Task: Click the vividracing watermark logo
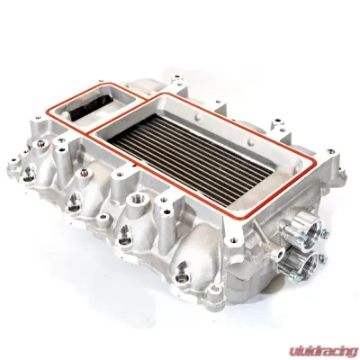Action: click(x=323, y=350)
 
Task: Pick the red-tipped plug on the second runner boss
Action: click(x=84, y=172)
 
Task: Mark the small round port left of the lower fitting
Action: click(x=280, y=255)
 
